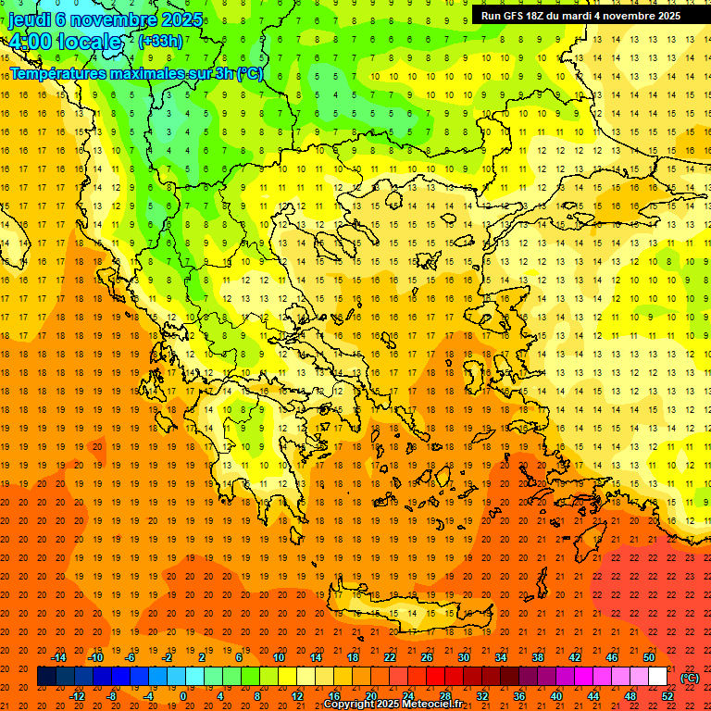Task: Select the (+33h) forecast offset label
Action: (x=161, y=41)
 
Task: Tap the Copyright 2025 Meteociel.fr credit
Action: (x=393, y=705)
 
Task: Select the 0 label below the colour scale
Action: (x=183, y=696)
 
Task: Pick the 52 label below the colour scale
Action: (x=667, y=696)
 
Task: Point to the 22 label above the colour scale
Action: (x=390, y=657)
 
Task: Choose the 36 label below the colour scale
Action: (x=518, y=696)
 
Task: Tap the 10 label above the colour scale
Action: (x=278, y=657)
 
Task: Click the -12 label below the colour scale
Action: (x=77, y=696)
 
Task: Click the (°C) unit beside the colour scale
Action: (x=690, y=678)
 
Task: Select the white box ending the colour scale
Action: (x=658, y=677)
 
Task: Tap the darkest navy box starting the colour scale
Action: (x=47, y=677)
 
